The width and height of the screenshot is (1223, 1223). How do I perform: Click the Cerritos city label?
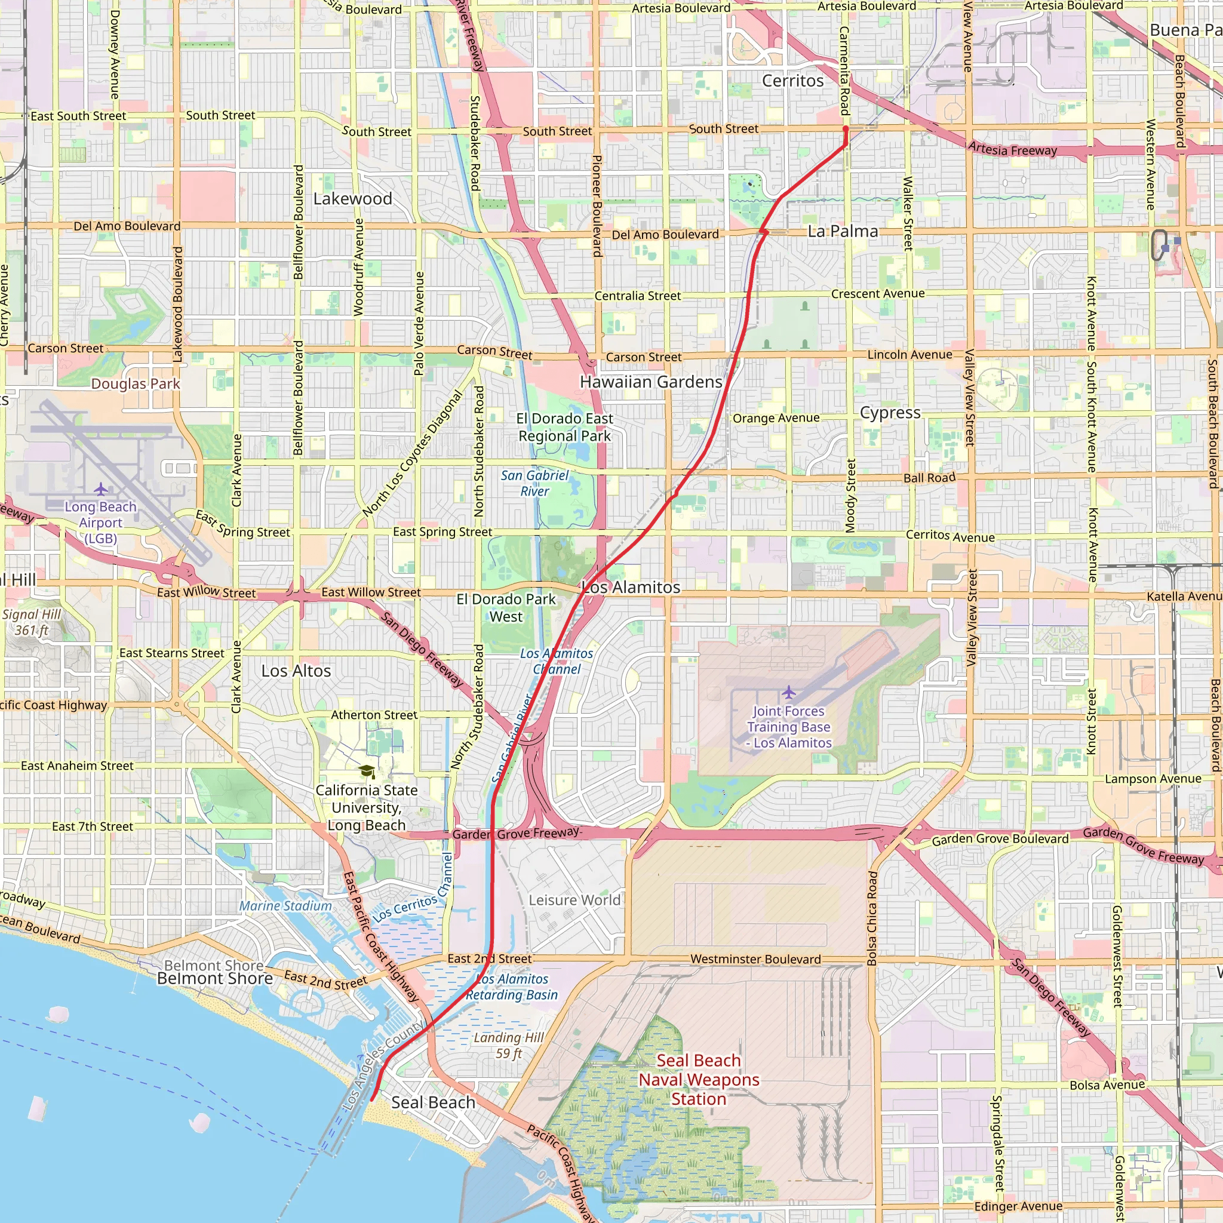point(792,81)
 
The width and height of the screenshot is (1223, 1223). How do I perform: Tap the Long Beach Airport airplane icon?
point(101,489)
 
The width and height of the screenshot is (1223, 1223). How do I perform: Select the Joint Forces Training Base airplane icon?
point(788,692)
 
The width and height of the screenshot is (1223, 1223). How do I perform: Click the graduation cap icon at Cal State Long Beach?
point(367,771)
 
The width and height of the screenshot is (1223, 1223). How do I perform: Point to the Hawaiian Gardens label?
point(651,382)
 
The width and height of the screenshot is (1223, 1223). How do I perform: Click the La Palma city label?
point(843,232)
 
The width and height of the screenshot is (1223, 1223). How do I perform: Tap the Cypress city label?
point(889,413)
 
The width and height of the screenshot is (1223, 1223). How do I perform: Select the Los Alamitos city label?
point(631,588)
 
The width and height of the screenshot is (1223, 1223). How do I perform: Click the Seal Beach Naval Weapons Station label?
point(698,1080)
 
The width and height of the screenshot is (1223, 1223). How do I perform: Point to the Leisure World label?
point(574,900)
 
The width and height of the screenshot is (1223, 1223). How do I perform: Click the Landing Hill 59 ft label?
point(508,1045)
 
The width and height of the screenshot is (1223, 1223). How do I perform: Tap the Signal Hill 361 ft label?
point(32,622)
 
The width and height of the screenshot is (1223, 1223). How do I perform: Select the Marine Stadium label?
point(285,906)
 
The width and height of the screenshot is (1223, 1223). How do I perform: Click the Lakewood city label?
point(352,199)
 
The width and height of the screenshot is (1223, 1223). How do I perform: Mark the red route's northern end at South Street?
point(845,128)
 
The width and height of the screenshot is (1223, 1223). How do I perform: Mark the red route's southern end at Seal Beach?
point(371,1100)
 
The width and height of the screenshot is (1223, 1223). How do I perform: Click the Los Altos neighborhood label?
point(296,671)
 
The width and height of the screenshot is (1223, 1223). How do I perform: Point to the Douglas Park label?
point(136,383)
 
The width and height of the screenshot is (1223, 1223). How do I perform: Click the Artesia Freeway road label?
point(1012,150)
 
